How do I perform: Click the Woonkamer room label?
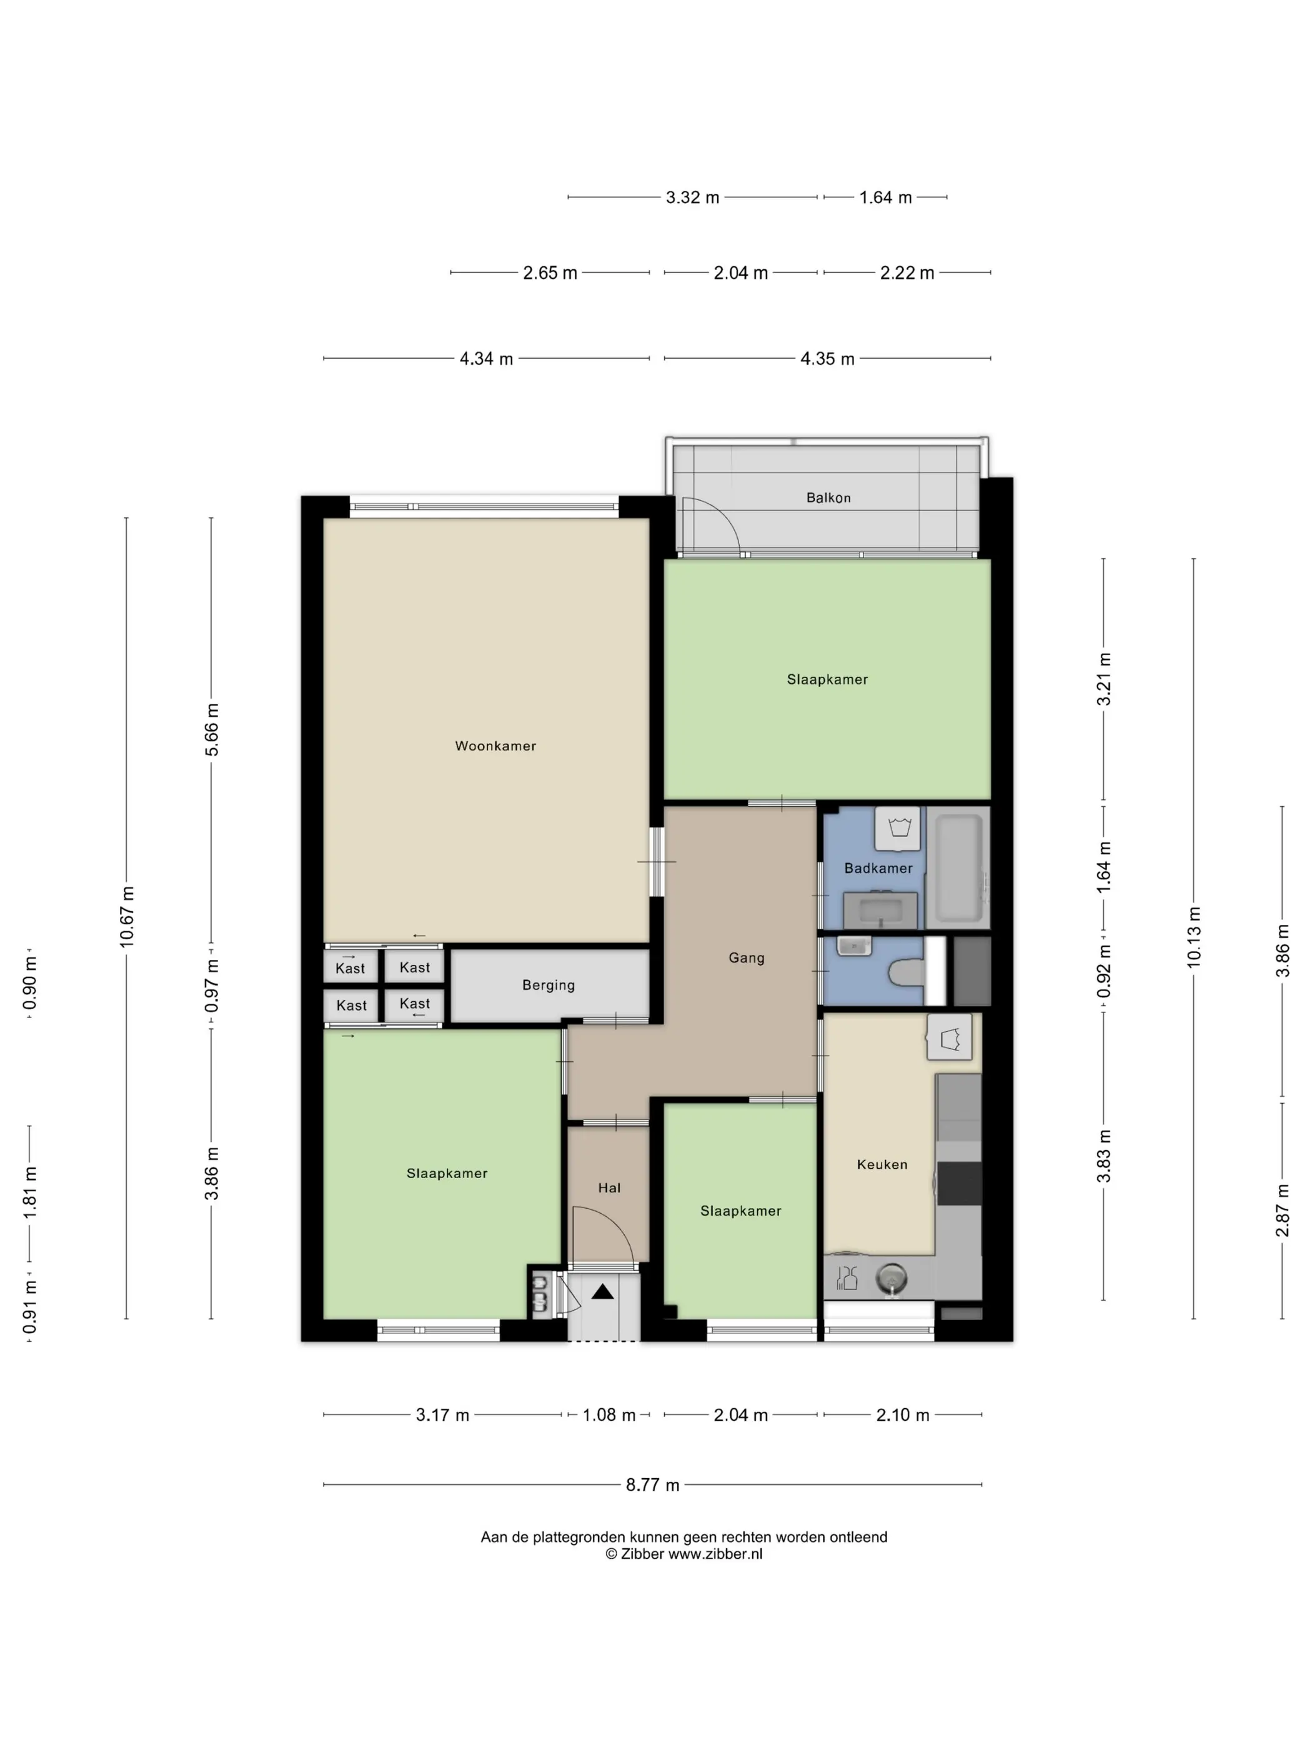point(495,745)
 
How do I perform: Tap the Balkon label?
point(828,497)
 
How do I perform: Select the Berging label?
point(548,985)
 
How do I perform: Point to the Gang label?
point(746,958)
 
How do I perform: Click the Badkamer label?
point(878,868)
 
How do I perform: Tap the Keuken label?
point(882,1164)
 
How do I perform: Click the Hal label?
point(609,1187)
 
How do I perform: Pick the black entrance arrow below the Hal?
point(603,1292)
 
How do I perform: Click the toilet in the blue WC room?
point(907,972)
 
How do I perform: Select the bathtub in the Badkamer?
point(958,867)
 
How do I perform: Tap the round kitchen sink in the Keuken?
point(892,1277)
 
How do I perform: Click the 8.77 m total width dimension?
point(652,1485)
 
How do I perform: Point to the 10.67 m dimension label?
point(127,917)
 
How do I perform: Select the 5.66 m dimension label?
point(212,729)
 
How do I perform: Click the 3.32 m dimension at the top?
point(692,197)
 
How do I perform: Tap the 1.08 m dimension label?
point(609,1414)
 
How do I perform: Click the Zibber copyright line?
point(684,1554)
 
